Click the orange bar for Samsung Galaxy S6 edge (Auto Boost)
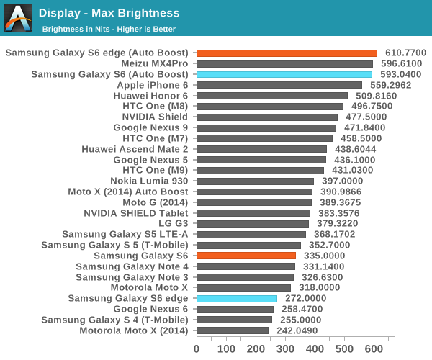287,53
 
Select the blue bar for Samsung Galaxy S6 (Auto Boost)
284,74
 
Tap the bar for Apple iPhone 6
279,85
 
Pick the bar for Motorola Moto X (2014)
232,330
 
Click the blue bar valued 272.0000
236,298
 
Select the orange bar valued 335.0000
246,256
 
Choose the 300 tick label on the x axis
284,349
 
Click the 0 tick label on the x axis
197,349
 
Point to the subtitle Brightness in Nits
109,29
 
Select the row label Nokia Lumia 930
149,181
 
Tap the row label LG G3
171,223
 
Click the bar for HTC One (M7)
264,138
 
